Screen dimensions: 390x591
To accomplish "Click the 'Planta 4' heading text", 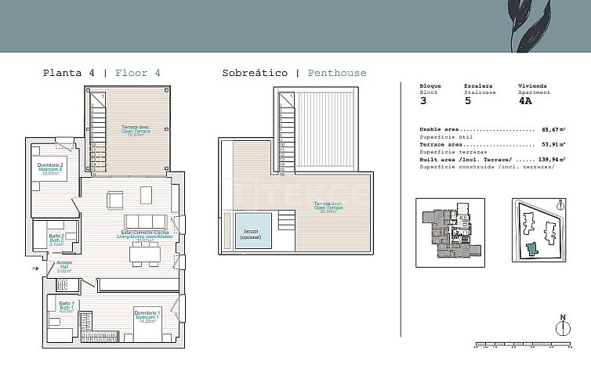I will (x=69, y=73).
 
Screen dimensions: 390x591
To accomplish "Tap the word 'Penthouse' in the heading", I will (x=336, y=73).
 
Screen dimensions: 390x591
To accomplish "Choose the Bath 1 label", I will (x=67, y=307).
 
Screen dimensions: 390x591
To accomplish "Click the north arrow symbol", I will (x=561, y=327).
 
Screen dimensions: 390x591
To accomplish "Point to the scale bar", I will (x=523, y=344).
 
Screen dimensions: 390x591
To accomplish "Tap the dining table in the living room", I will (x=145, y=253).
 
